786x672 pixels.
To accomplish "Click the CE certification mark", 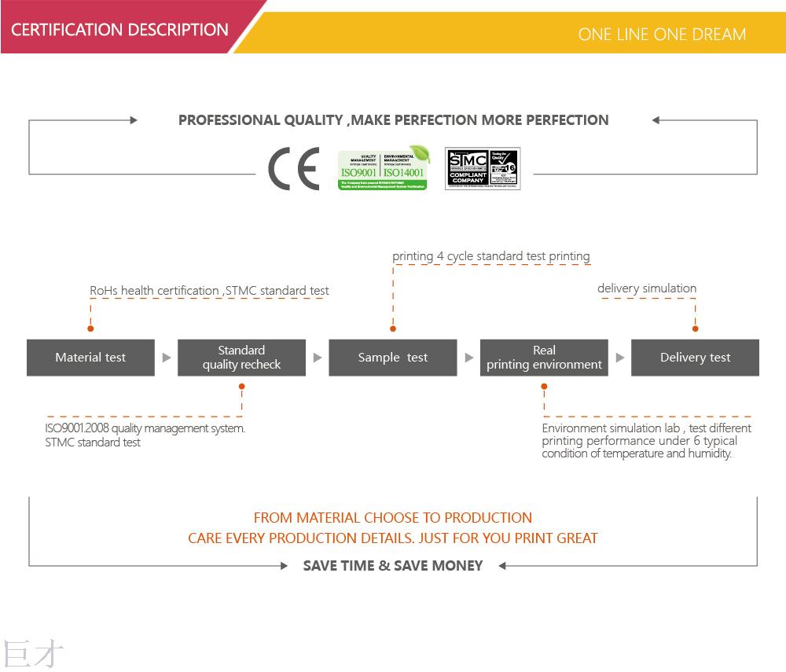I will click(x=293, y=168).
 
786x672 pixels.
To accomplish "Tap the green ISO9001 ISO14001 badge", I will click(x=384, y=168).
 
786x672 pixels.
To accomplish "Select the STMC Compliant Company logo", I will click(x=483, y=168).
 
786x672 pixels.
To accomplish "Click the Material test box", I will click(x=90, y=358).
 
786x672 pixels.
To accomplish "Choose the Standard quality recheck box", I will click(x=241, y=358).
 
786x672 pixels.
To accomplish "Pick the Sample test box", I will click(x=392, y=358).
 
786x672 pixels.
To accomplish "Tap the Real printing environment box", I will click(x=544, y=358).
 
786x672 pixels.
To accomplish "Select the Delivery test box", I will click(x=695, y=358).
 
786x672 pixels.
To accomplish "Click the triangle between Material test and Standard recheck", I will click(x=166, y=358).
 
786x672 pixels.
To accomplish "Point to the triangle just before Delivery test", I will click(x=619, y=358).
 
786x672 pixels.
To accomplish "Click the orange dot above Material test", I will click(x=90, y=329).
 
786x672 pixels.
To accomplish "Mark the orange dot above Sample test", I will click(x=393, y=329).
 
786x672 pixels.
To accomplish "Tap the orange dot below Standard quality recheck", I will click(x=241, y=387).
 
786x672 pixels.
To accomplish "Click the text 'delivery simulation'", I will click(x=647, y=288).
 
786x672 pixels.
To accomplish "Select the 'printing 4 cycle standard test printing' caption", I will click(x=491, y=256).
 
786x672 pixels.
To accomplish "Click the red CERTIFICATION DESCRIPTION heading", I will click(x=119, y=30).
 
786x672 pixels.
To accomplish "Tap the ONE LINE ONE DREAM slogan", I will click(x=662, y=34).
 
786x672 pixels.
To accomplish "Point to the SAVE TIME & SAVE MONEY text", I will click(x=393, y=566).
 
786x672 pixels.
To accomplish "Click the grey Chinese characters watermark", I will click(x=33, y=654).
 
